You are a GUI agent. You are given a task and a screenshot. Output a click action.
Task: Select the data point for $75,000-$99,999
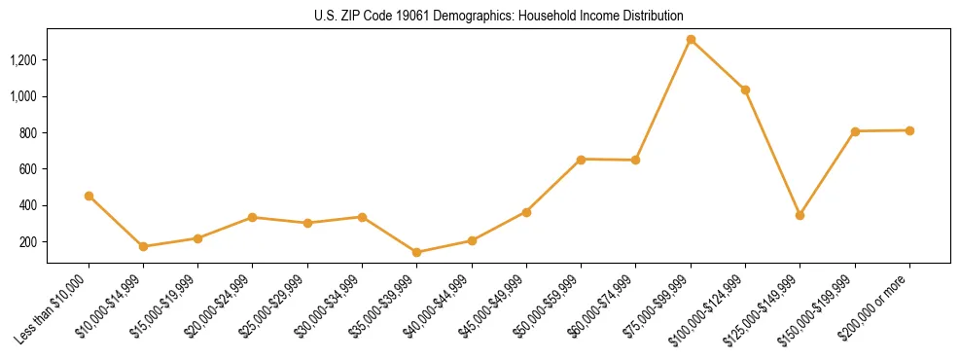coord(691,40)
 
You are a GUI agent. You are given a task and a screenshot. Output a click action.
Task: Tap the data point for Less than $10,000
coord(89,196)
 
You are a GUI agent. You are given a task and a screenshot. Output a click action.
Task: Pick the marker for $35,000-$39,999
coord(416,253)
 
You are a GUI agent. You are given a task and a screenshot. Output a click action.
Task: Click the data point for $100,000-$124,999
coord(745,90)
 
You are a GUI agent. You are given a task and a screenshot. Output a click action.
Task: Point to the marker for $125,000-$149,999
coord(800,215)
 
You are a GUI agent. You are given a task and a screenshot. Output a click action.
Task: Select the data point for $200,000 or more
coord(909,130)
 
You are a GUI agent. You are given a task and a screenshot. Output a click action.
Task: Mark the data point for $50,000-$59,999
coord(581,159)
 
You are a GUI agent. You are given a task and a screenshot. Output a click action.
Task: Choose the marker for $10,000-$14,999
coord(143,246)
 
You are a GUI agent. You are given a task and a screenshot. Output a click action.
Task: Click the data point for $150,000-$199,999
coord(855,131)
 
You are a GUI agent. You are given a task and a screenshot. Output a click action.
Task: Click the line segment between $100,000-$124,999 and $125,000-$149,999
coord(772,153)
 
